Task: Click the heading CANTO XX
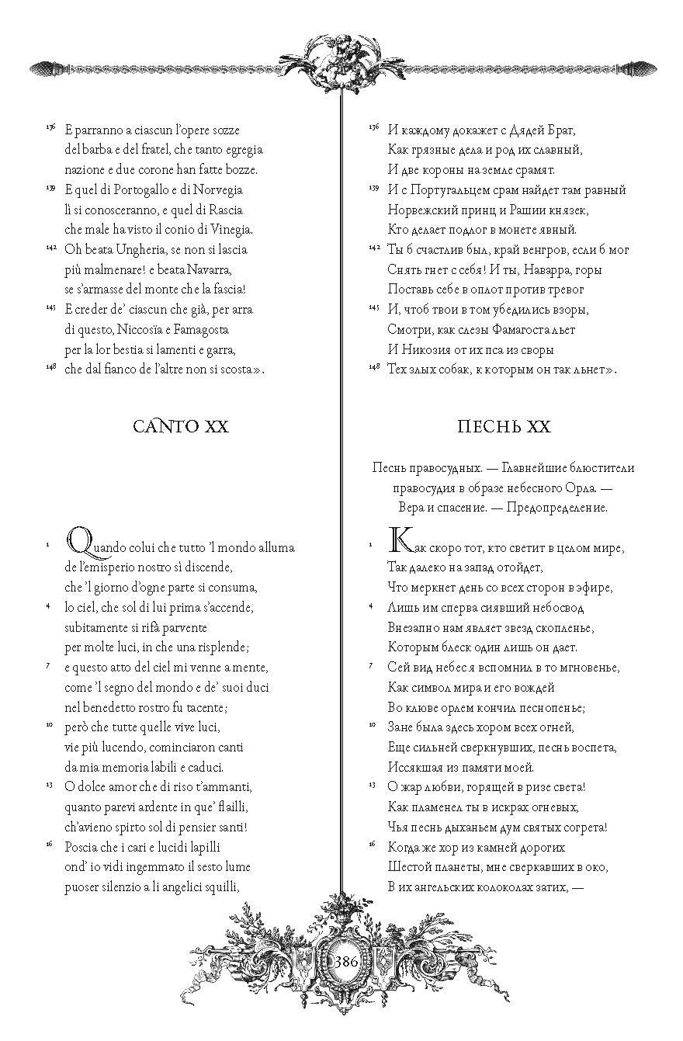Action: pos(181,426)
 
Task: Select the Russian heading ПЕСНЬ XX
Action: pos(504,426)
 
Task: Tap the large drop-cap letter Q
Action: pos(78,539)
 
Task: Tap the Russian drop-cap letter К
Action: pos(398,539)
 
